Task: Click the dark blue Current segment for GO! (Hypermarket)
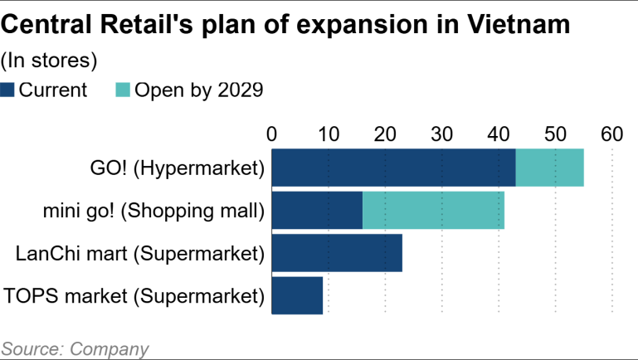coord(393,168)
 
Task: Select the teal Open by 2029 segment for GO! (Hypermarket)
coord(549,168)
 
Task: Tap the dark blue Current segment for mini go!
coord(317,211)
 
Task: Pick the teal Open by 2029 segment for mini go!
coord(433,211)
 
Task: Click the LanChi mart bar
coord(337,253)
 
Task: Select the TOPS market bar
coord(297,295)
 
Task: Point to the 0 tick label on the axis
coord(271,134)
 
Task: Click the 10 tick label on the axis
coord(328,134)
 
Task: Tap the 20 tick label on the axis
coord(385,134)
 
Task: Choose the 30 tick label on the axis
coord(441,134)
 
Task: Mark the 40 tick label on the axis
coord(498,134)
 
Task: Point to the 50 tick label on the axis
coord(555,134)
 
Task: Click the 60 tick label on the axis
coord(611,134)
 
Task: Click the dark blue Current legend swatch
coord(8,90)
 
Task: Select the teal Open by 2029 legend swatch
coord(123,90)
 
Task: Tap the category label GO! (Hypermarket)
coord(177,168)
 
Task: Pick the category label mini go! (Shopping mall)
coord(153,211)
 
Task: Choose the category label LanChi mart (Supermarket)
coord(139,253)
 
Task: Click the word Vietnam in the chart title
coord(517,25)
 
